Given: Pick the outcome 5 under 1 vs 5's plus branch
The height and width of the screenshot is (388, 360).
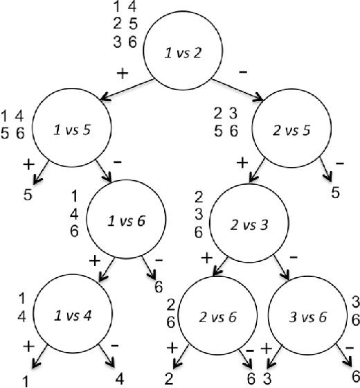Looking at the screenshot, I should [28, 195].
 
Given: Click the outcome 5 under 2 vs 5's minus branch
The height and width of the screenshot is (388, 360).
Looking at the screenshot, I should [335, 192].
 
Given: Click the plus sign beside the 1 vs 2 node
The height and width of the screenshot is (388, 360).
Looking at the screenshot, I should [123, 73].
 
